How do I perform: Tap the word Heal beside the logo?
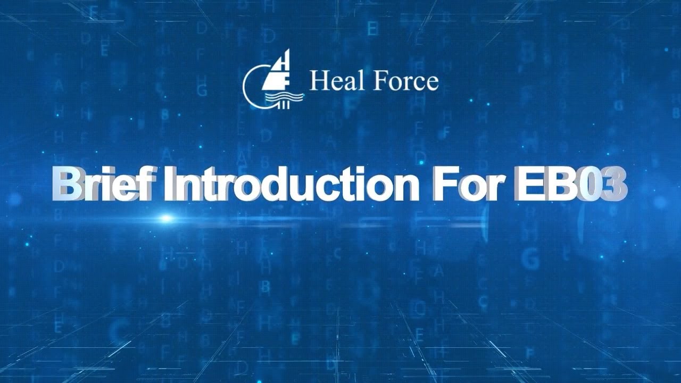coord(329,81)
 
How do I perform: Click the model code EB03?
coord(570,184)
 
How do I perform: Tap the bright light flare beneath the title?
coord(167,218)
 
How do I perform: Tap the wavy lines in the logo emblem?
coord(288,97)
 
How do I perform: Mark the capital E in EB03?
coord(527,184)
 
